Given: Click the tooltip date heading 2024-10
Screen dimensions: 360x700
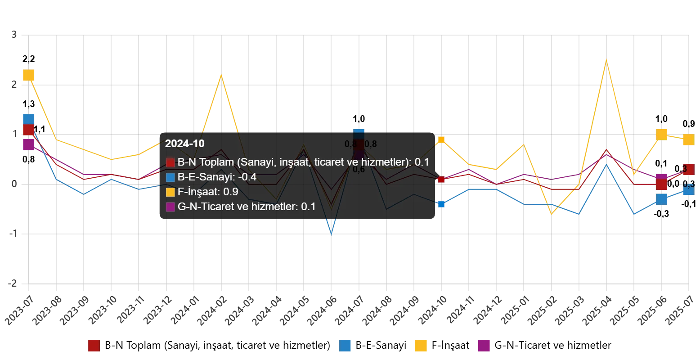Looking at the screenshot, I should pyautogui.click(x=184, y=144).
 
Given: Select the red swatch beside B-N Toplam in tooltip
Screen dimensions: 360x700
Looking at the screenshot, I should pyautogui.click(x=171, y=162).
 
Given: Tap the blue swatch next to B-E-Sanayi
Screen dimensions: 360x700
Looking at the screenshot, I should pyautogui.click(x=171, y=177).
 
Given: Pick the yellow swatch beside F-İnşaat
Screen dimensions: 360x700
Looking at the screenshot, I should pyautogui.click(x=171, y=192).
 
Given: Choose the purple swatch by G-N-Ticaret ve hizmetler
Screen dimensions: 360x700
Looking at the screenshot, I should pyautogui.click(x=171, y=207).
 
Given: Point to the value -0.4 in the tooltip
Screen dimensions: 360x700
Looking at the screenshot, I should pyautogui.click(x=247, y=177).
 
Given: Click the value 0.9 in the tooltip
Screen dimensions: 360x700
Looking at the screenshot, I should pyautogui.click(x=231, y=192).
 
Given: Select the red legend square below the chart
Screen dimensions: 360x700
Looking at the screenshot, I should pyautogui.click(x=94, y=346).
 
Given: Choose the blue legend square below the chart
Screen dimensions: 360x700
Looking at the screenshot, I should pyautogui.click(x=345, y=346).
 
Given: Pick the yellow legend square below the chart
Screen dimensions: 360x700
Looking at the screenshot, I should pyautogui.click(x=421, y=346).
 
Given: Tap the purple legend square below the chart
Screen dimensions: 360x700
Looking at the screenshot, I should pyautogui.click(x=484, y=346).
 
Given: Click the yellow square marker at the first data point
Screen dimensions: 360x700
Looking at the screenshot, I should pyautogui.click(x=28, y=75).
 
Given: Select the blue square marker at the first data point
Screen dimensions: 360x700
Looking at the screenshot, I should pyautogui.click(x=28, y=119).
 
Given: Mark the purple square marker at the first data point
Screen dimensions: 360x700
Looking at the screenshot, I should pyautogui.click(x=28, y=144).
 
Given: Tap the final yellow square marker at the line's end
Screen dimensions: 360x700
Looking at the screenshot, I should pyautogui.click(x=688, y=140).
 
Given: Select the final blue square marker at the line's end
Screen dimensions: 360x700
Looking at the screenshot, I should pyautogui.click(x=688, y=191).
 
